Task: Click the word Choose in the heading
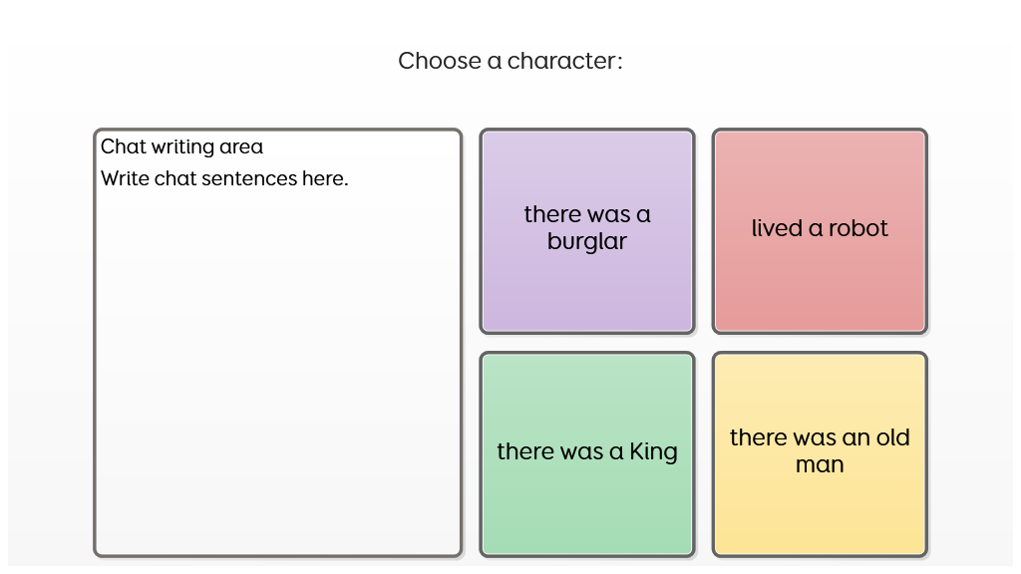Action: (x=440, y=61)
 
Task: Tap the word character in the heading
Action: (x=561, y=61)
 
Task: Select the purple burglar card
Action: (x=587, y=231)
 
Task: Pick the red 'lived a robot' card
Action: (x=820, y=231)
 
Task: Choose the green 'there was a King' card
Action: (x=587, y=454)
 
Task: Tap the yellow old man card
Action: (x=820, y=454)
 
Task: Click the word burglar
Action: (x=587, y=242)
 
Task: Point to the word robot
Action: (x=858, y=228)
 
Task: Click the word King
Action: (x=654, y=452)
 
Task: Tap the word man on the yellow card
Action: (x=820, y=464)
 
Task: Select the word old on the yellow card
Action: (x=892, y=437)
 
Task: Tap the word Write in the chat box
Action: (x=125, y=179)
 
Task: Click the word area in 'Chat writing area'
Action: (x=241, y=147)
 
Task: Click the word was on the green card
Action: (x=581, y=452)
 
